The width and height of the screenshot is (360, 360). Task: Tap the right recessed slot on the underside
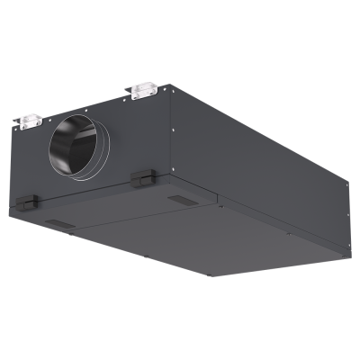(x=180, y=200)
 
